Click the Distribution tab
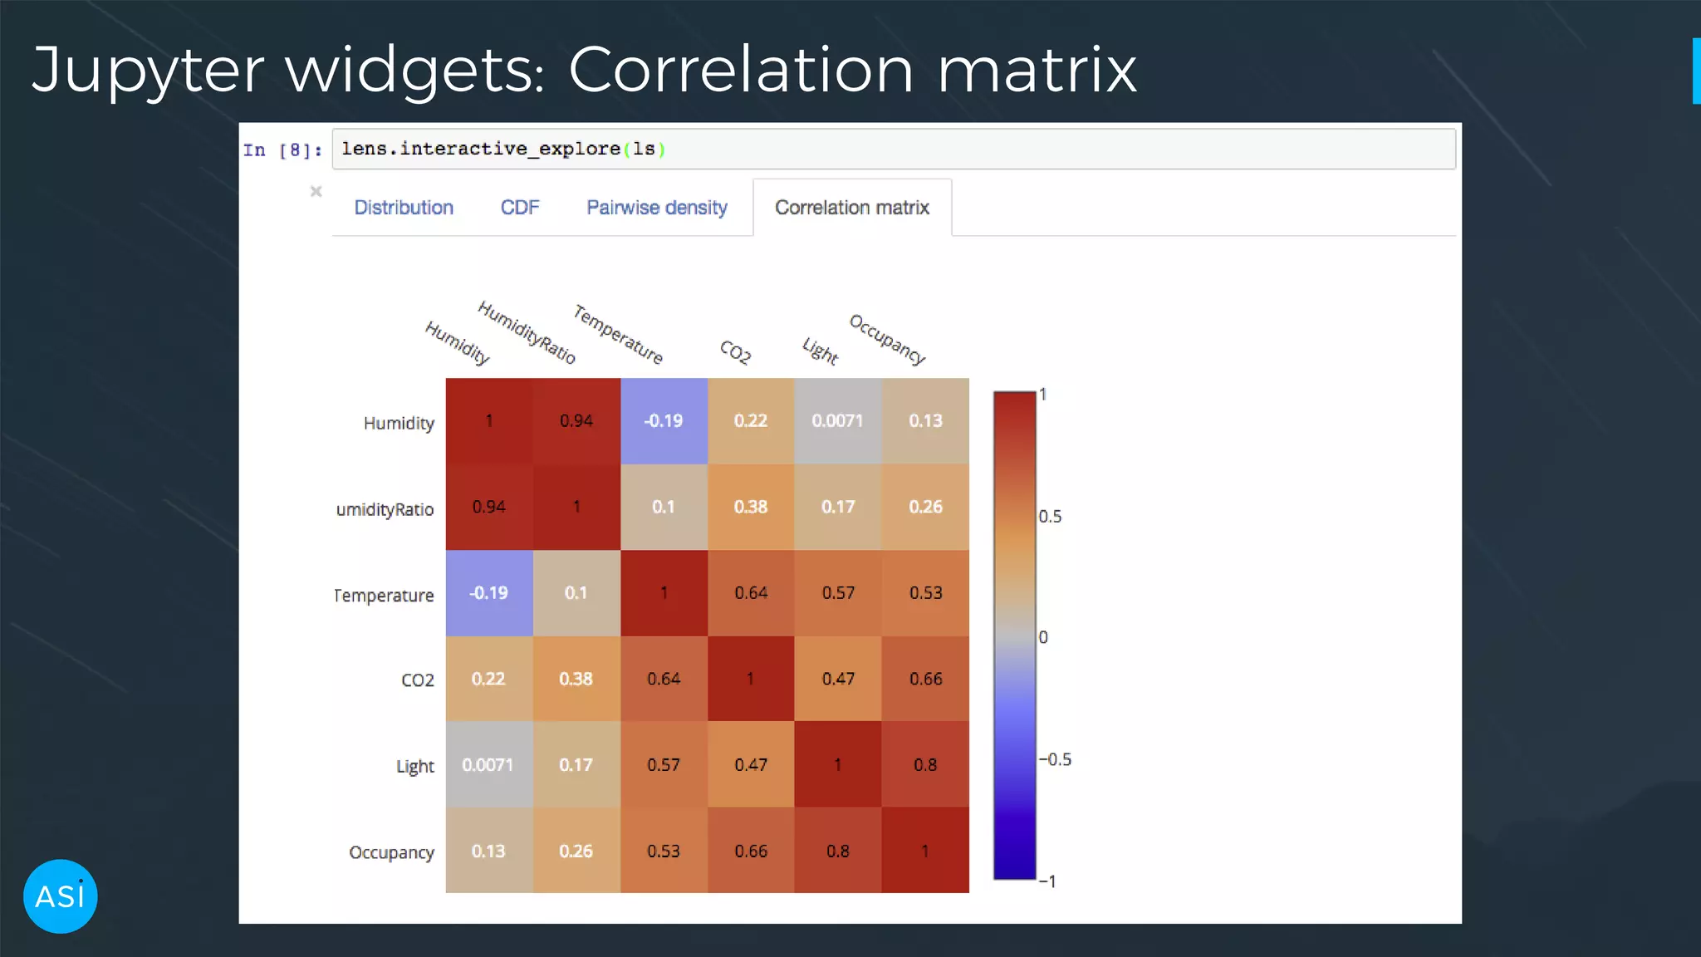(404, 208)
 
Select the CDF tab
(520, 208)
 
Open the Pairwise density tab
(656, 208)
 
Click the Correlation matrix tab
(851, 208)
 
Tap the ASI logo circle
(61, 896)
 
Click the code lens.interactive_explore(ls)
(503, 149)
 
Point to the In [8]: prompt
(282, 150)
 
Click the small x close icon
(316, 192)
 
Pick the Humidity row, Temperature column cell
(664, 421)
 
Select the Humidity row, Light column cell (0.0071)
(837, 421)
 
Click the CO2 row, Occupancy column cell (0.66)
(925, 679)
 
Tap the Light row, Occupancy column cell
(925, 765)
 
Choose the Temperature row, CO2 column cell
(751, 593)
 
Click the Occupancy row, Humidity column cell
(488, 851)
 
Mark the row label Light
(414, 766)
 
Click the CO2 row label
(417, 680)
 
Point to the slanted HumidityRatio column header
(527, 333)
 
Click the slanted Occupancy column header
(887, 340)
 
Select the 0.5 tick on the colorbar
(1050, 517)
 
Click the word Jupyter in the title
(148, 70)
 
